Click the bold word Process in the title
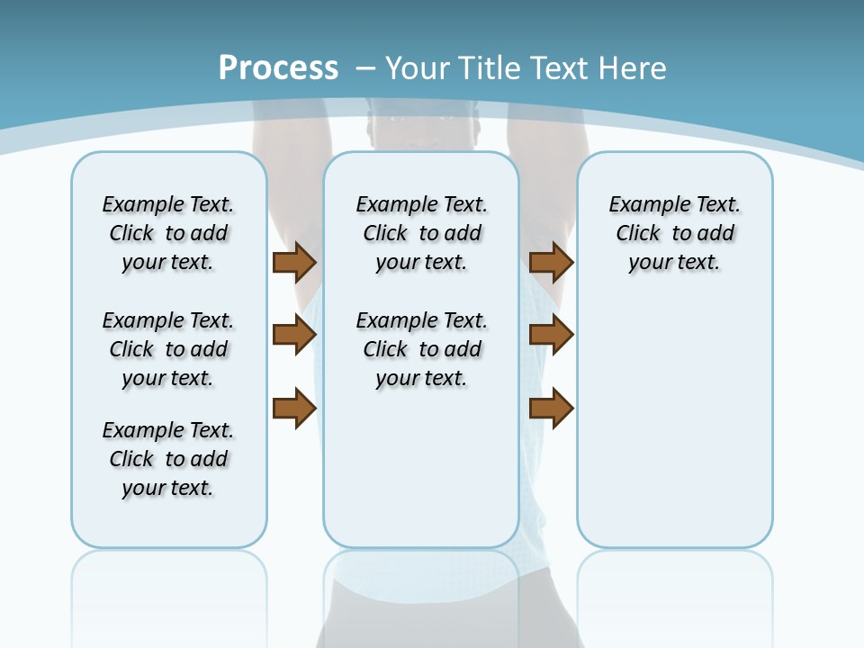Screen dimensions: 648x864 point(278,67)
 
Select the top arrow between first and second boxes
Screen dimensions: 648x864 point(293,262)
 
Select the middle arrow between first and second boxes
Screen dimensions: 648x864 point(293,335)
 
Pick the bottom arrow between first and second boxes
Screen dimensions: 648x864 point(293,408)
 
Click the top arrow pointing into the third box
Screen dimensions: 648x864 point(551,262)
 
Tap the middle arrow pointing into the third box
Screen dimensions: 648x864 point(551,335)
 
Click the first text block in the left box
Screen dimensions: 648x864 point(168,233)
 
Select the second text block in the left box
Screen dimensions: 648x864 point(168,349)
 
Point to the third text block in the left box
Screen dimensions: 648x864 point(168,459)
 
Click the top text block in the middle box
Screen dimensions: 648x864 point(422,233)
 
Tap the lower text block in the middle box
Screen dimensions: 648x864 point(422,349)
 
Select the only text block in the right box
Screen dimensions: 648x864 point(675,233)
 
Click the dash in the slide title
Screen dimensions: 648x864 point(365,68)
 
